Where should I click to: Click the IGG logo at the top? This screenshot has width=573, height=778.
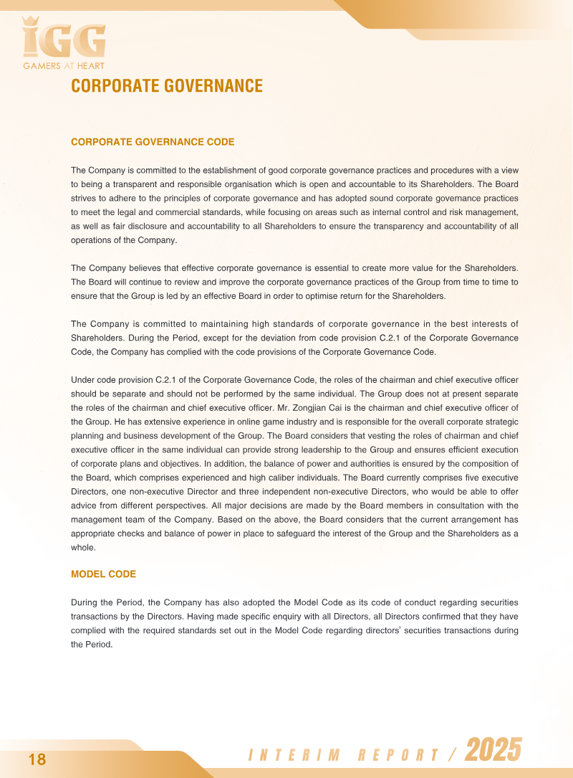coord(64,39)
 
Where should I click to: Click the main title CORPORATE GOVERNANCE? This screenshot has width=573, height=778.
coord(167,87)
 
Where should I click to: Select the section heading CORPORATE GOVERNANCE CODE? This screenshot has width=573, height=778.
coord(153,142)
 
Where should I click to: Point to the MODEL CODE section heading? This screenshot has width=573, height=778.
coord(103,574)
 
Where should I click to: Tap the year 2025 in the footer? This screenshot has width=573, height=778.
coord(493,751)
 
